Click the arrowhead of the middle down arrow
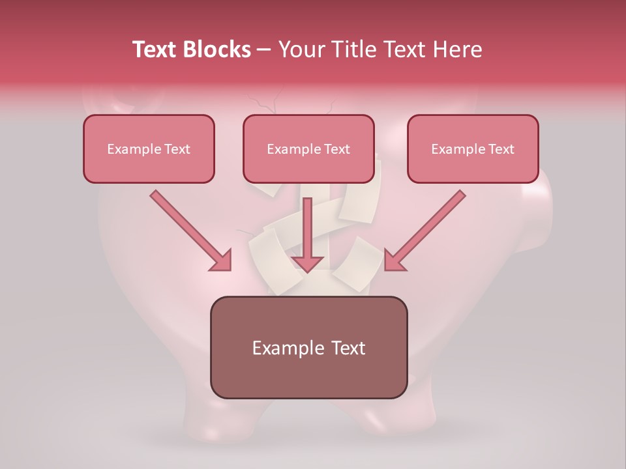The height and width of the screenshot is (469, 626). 308,263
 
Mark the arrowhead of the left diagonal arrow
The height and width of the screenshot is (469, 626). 222,261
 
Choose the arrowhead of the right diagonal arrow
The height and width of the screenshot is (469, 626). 394,261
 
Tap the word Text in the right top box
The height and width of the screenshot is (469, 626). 501,149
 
